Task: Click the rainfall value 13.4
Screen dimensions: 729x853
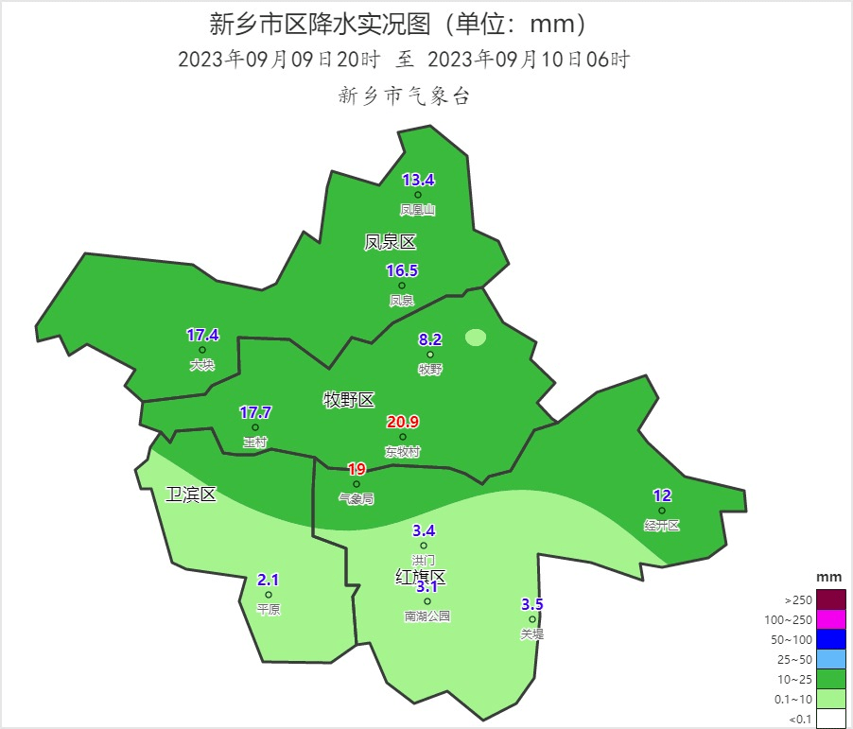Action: [x=418, y=181]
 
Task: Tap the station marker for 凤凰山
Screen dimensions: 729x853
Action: [x=418, y=196]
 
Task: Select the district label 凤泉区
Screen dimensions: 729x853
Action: [x=391, y=243]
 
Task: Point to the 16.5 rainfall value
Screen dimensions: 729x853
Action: [x=402, y=271]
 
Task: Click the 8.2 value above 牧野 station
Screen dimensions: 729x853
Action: [x=430, y=339]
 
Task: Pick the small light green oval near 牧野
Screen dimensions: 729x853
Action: [x=476, y=338]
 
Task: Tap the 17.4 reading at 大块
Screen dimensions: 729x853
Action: [x=202, y=335]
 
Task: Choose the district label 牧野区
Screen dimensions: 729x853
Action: [x=350, y=401]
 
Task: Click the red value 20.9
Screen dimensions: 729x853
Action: [x=403, y=422]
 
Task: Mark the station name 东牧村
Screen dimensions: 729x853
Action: [x=403, y=452]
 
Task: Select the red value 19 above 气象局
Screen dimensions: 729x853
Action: [x=357, y=469]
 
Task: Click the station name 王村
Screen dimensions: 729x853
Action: [x=255, y=442]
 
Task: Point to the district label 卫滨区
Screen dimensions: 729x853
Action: [x=191, y=495]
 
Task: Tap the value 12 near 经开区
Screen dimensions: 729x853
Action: [x=662, y=495]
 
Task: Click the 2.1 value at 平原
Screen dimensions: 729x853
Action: [x=269, y=581]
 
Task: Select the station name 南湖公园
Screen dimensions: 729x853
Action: [x=427, y=616]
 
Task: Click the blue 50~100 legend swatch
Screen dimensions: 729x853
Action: [x=830, y=639]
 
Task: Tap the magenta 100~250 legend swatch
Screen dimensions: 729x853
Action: [x=830, y=619]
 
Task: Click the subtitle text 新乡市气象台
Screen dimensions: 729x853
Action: [x=404, y=95]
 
